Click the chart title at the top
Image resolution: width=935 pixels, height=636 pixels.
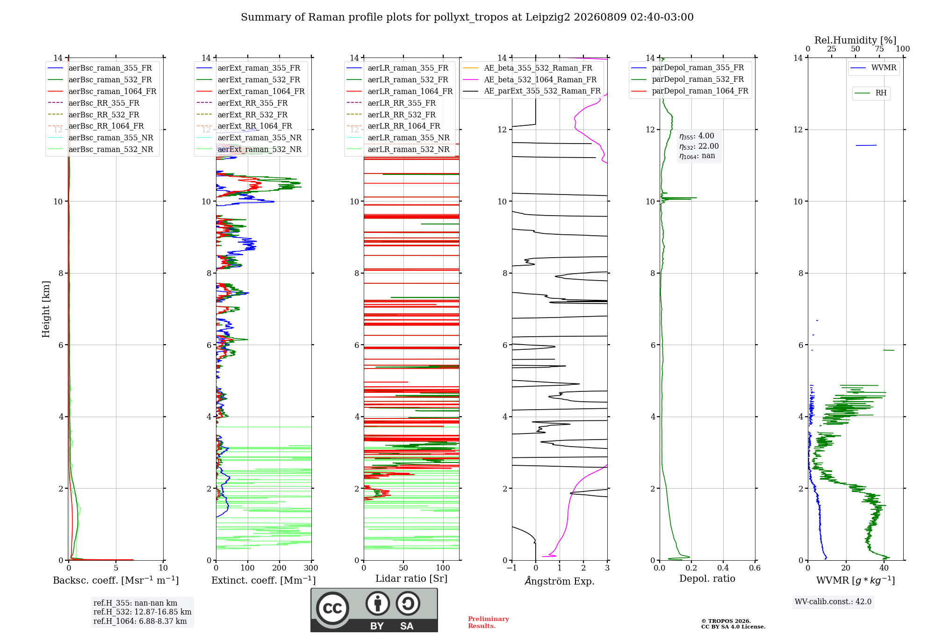[x=467, y=17]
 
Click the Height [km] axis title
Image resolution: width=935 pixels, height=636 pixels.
[x=46, y=309]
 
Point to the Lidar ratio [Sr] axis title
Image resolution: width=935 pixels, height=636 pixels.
[x=411, y=578]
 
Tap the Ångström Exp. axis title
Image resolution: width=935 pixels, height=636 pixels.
[x=560, y=581]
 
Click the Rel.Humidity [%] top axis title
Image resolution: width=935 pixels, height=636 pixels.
[x=856, y=40]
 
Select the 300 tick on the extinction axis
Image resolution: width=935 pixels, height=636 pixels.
[x=311, y=568]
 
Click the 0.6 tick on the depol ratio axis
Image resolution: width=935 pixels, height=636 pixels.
[x=755, y=568]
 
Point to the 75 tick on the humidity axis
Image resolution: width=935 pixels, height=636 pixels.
[x=879, y=49]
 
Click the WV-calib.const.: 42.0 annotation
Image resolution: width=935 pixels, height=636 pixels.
[x=833, y=601]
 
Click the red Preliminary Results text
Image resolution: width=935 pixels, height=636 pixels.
[x=489, y=622]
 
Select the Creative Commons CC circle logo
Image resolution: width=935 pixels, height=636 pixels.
[x=332, y=608]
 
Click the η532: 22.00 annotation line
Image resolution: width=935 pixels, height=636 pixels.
[x=699, y=146]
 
